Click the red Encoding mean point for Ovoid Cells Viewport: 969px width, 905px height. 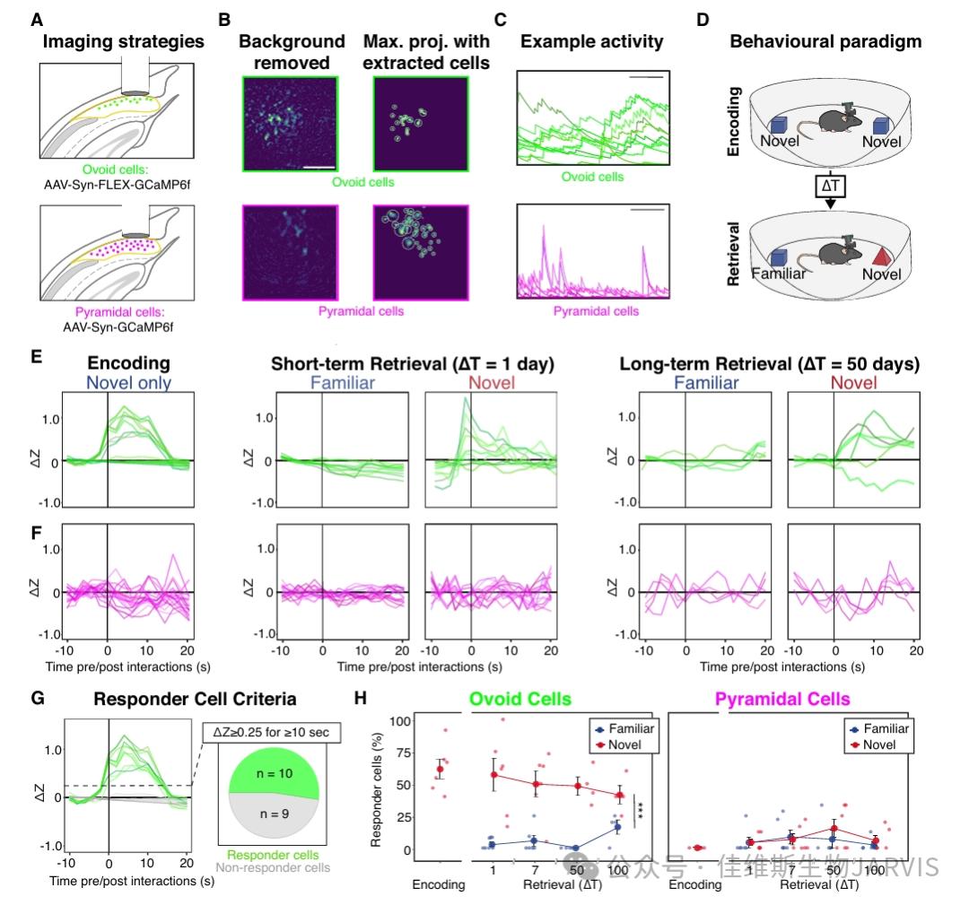[x=440, y=770]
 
